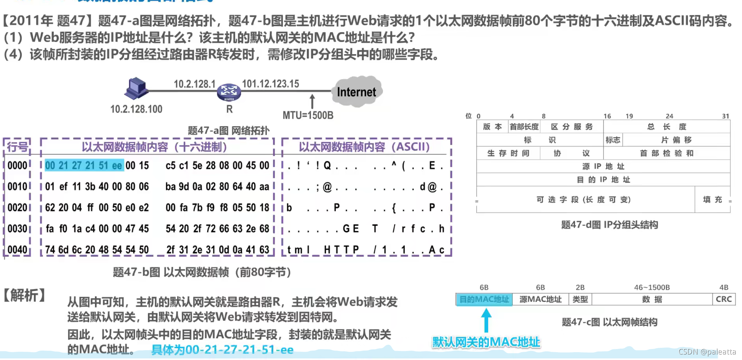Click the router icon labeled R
pyautogui.click(x=229, y=92)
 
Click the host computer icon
pyautogui.click(x=136, y=89)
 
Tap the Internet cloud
pyautogui.click(x=356, y=92)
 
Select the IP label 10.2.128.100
pyautogui.click(x=136, y=109)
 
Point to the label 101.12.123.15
pyautogui.click(x=270, y=84)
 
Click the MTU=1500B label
pyautogui.click(x=308, y=115)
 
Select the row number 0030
pyautogui.click(x=17, y=229)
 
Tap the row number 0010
pyautogui.click(x=17, y=186)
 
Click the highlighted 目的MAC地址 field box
pyautogui.click(x=484, y=300)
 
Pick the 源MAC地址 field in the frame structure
pyautogui.click(x=540, y=300)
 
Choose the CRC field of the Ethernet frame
pyautogui.click(x=724, y=300)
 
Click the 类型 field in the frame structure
pyautogui.click(x=580, y=300)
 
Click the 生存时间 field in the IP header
pyautogui.click(x=508, y=153)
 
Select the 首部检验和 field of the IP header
pyautogui.click(x=667, y=153)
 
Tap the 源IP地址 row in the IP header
pyautogui.click(x=603, y=166)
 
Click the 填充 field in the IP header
pyautogui.click(x=712, y=200)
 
